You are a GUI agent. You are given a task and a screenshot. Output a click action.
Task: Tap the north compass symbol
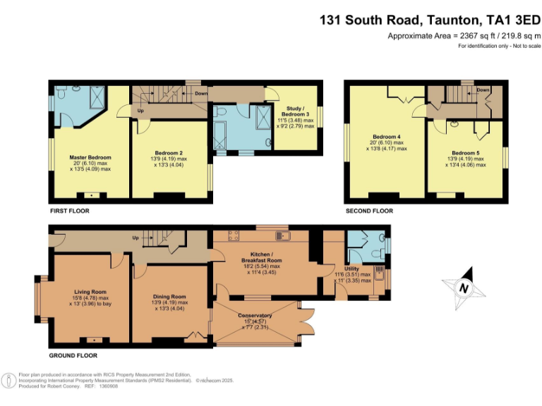pos(463,288)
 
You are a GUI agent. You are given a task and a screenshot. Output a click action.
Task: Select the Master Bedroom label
pos(90,157)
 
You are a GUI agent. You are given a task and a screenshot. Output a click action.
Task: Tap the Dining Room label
pos(169,297)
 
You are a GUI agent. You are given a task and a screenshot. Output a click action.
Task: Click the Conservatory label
pos(255,315)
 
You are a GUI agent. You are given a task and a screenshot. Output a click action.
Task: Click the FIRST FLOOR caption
pos(69,211)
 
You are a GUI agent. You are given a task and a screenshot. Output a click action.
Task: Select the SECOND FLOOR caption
pos(368,211)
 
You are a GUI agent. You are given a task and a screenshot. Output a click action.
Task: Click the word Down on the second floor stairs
pos(483,90)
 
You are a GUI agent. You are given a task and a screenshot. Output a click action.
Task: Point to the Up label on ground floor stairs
pos(135,237)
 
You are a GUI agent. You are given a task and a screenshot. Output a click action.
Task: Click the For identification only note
pos(499,46)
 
